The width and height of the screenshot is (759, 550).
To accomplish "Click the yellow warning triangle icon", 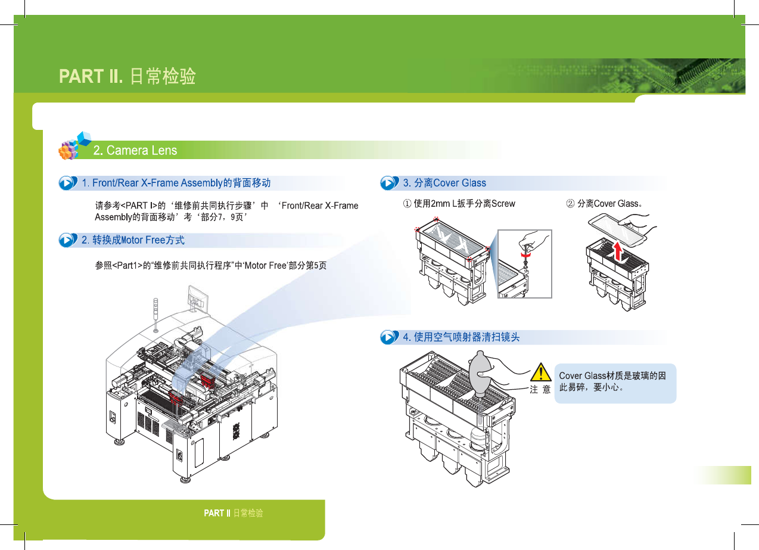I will (x=541, y=372).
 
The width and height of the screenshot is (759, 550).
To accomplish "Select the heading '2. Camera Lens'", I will (x=135, y=150).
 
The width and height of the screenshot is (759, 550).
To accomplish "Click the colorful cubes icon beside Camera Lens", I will (x=74, y=146).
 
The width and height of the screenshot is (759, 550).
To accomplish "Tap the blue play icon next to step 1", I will (x=68, y=183).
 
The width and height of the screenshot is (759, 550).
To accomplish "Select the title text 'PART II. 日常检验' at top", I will (x=127, y=76).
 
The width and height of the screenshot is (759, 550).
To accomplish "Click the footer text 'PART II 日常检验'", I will (x=234, y=513).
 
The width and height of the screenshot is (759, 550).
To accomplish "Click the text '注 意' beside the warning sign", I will (x=540, y=390).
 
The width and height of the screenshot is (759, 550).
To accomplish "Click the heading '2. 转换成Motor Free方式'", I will (x=133, y=240).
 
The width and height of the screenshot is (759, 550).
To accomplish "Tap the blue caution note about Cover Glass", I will (x=615, y=383).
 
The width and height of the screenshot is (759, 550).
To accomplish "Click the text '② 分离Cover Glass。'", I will (x=604, y=204).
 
